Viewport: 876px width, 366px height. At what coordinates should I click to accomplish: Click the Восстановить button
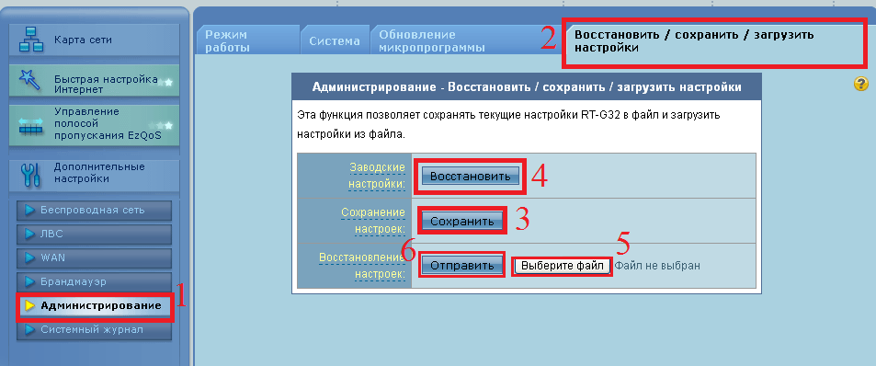click(470, 175)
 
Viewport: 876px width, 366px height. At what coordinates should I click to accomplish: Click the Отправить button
click(462, 265)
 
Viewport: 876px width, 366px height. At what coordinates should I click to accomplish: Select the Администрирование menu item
click(100, 305)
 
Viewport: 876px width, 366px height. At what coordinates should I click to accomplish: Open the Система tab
click(335, 41)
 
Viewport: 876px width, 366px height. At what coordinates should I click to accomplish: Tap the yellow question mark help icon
click(861, 84)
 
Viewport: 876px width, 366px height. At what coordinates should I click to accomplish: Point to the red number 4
click(540, 176)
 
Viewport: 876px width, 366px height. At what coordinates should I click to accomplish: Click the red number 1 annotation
click(181, 296)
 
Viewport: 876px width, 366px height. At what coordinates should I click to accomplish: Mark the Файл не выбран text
click(657, 266)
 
